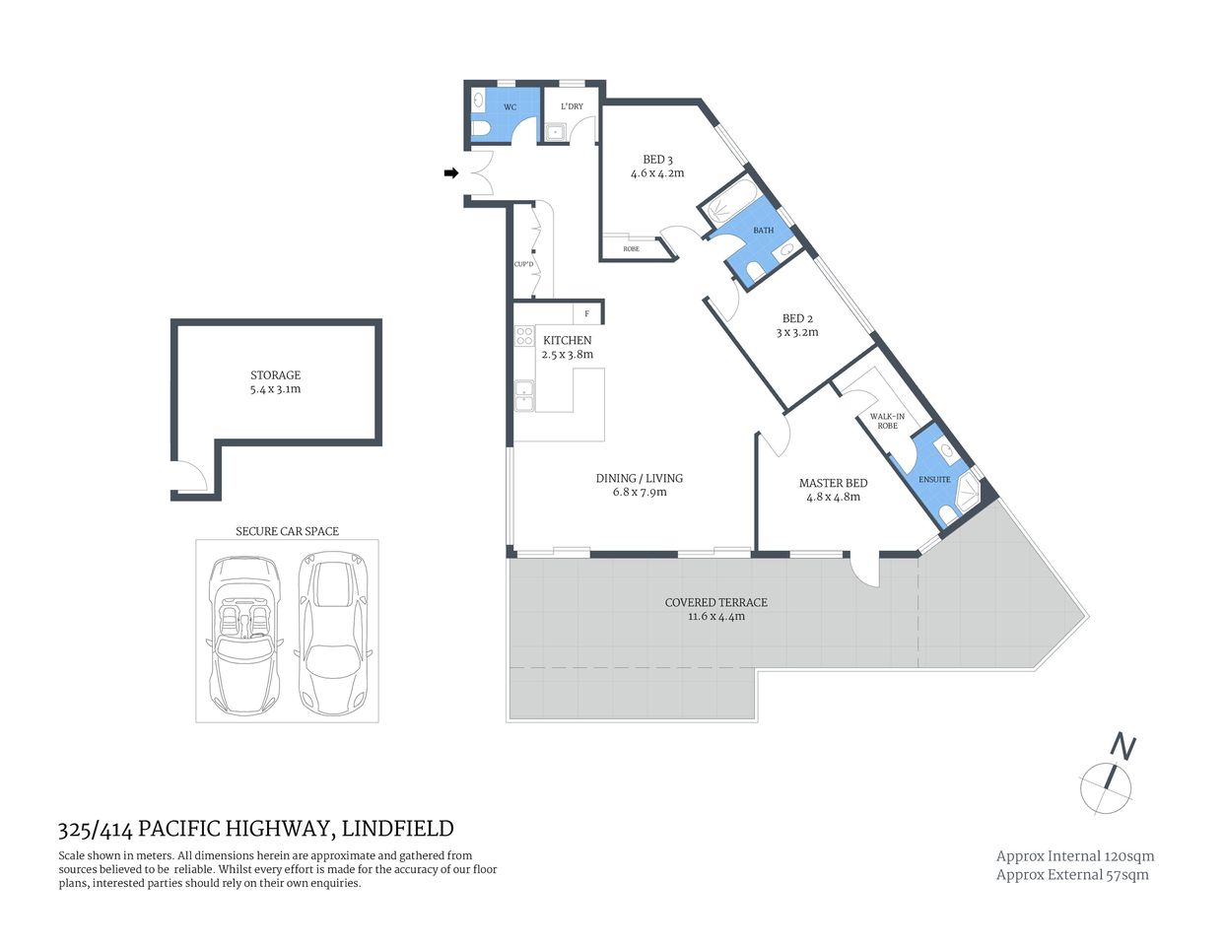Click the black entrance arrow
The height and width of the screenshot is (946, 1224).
click(451, 173)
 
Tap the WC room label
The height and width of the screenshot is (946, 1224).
click(510, 106)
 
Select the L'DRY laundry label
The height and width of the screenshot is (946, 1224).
click(572, 106)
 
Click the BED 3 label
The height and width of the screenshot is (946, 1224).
click(657, 160)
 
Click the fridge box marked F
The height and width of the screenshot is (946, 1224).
click(587, 313)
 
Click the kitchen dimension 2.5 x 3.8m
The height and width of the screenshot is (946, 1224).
click(568, 355)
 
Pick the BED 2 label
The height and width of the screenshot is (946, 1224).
click(797, 318)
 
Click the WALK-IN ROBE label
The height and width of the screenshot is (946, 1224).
click(887, 421)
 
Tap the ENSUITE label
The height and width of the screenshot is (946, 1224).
click(934, 480)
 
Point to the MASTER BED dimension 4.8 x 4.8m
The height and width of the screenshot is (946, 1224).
click(834, 497)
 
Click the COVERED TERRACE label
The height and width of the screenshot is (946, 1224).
click(715, 602)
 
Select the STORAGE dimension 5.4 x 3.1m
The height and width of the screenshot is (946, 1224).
click(275, 389)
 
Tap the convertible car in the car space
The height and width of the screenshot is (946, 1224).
click(243, 636)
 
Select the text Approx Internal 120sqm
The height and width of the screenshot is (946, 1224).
click(1075, 856)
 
